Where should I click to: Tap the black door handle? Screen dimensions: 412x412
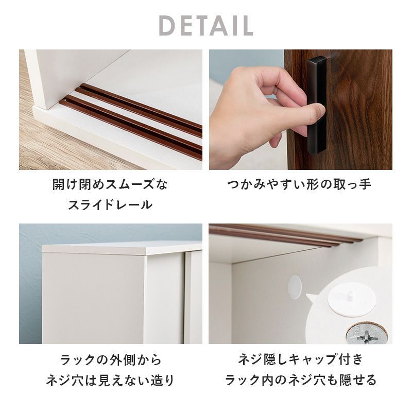click(x=316, y=105)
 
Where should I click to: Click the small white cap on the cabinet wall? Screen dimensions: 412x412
click(x=295, y=287)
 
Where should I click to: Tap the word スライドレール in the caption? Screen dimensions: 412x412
click(x=110, y=204)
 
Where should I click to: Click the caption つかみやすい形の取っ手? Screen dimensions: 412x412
click(x=299, y=184)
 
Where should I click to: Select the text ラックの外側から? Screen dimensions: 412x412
click(x=111, y=359)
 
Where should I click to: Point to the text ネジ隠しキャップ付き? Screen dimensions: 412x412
click(x=301, y=359)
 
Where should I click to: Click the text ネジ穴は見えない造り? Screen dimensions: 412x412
click(x=110, y=380)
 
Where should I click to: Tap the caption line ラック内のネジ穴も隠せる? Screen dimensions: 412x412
click(x=301, y=380)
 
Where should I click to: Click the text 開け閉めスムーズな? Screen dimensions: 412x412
click(x=110, y=184)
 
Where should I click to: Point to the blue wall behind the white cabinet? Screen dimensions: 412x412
click(x=30, y=284)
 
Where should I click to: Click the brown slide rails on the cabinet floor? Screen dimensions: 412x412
click(x=131, y=122)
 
